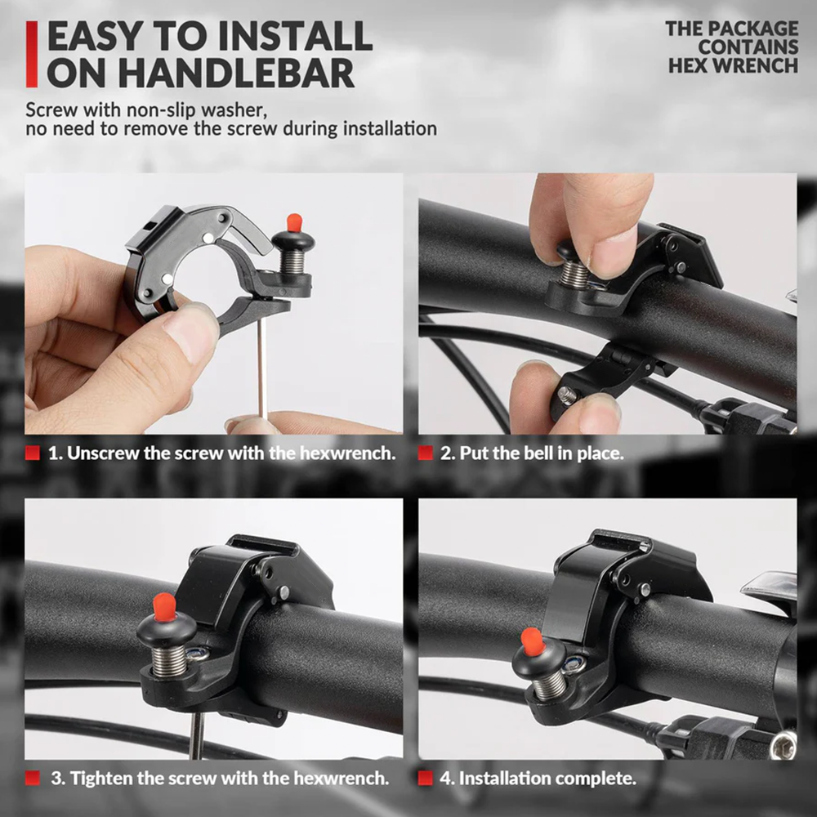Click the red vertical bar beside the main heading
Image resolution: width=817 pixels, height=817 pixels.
pyautogui.click(x=31, y=54)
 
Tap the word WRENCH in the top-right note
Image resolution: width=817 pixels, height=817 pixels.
pyautogui.click(x=763, y=65)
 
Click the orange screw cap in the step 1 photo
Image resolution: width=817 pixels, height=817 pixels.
pyautogui.click(x=295, y=221)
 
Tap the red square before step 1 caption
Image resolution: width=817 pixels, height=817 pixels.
pyautogui.click(x=33, y=453)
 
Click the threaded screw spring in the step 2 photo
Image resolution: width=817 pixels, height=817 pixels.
pyautogui.click(x=575, y=272)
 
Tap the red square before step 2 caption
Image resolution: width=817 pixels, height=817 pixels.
pyautogui.click(x=425, y=453)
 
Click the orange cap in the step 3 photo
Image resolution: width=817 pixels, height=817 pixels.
pyautogui.click(x=164, y=605)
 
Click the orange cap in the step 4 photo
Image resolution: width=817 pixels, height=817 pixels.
pyautogui.click(x=534, y=642)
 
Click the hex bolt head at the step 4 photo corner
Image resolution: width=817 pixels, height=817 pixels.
pyautogui.click(x=784, y=743)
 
